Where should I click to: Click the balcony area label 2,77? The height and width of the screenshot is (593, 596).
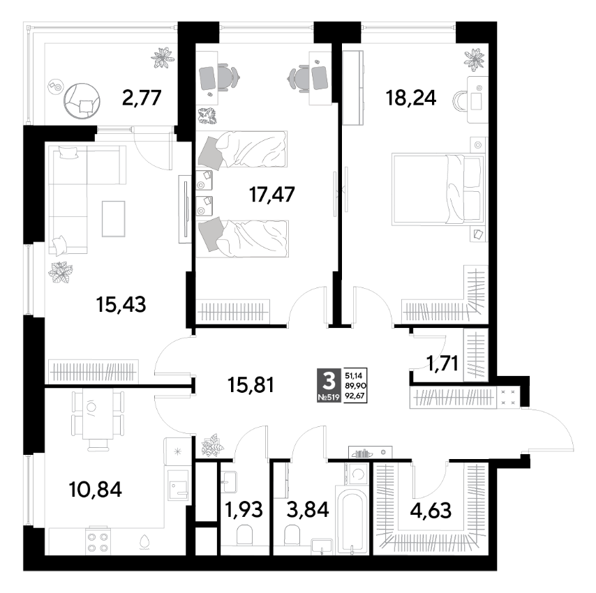click(x=142, y=98)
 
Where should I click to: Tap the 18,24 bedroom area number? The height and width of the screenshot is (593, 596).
click(x=411, y=98)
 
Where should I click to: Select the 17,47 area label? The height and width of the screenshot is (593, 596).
click(x=271, y=194)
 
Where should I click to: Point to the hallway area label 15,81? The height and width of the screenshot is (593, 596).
click(x=251, y=385)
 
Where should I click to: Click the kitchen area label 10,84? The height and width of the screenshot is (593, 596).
click(x=96, y=489)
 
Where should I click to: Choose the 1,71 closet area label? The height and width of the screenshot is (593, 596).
click(x=442, y=363)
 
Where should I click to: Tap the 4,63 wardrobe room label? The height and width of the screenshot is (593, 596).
click(x=431, y=510)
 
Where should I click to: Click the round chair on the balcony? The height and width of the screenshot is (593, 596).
click(x=82, y=100)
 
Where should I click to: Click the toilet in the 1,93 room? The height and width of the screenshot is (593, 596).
click(x=244, y=535)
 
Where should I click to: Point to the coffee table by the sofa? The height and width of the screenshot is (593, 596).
click(x=113, y=219)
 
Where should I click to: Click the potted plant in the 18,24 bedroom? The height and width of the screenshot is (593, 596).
click(x=475, y=59)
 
